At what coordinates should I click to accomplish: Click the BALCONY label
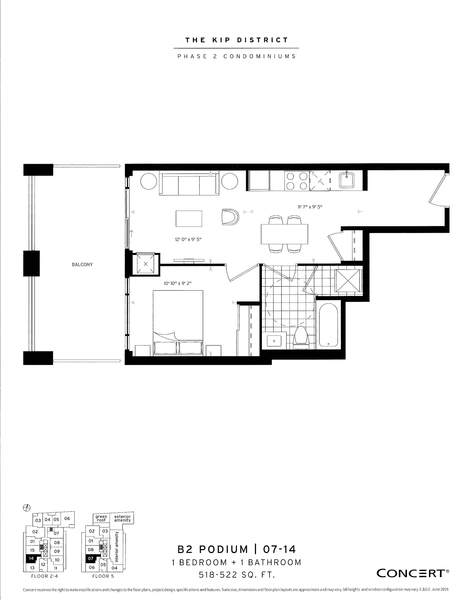[x=82, y=264]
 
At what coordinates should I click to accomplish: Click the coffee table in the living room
[x=189, y=219]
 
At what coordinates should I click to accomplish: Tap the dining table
[x=284, y=234]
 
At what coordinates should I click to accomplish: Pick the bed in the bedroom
[x=178, y=323]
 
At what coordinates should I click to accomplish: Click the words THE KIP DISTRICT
[x=237, y=40]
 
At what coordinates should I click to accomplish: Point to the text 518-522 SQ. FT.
[x=237, y=575]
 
